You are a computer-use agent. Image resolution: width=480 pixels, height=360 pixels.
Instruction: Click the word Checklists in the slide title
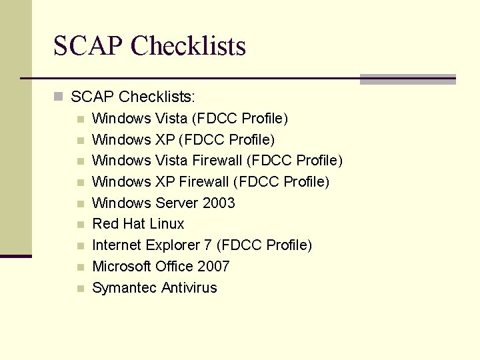pyautogui.click(x=189, y=46)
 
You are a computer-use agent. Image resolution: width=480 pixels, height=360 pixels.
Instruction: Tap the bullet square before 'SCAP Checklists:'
pyautogui.click(x=58, y=97)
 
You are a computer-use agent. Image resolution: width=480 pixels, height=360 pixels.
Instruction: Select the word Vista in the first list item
pyautogui.click(x=171, y=119)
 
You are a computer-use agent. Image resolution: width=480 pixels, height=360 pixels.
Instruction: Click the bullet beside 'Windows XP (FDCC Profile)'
pyautogui.click(x=80, y=141)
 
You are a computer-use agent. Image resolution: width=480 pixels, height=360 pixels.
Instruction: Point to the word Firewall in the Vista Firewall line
pyautogui.click(x=217, y=161)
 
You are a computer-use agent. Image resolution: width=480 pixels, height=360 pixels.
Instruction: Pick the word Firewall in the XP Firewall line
pyautogui.click(x=204, y=182)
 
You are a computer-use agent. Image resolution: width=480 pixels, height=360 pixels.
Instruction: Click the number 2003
pyautogui.click(x=217, y=203)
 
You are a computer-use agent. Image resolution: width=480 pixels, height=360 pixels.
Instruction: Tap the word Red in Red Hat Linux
pyautogui.click(x=105, y=224)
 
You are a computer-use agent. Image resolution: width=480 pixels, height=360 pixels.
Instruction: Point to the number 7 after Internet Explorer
pyautogui.click(x=208, y=245)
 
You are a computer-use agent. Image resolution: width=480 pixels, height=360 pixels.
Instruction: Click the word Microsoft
pyautogui.click(x=121, y=267)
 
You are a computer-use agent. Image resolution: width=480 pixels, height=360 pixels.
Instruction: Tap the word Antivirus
pyautogui.click(x=187, y=288)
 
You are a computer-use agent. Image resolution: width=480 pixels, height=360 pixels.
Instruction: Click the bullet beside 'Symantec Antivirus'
pyautogui.click(x=80, y=289)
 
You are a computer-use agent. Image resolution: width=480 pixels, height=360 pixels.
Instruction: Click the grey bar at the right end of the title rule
pyautogui.click(x=407, y=79)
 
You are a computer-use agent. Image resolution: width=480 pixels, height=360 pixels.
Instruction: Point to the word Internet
pyautogui.click(x=114, y=245)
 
